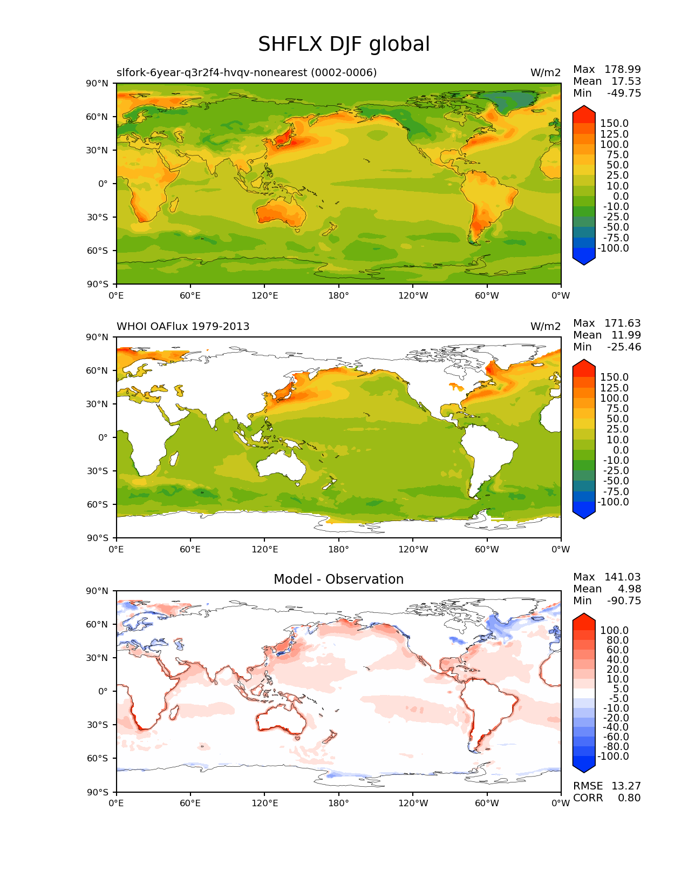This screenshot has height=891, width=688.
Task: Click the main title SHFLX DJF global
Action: pos(344,44)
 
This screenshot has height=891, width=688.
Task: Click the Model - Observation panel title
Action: pos(338,579)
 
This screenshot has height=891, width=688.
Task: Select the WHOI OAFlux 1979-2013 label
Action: pos(183,327)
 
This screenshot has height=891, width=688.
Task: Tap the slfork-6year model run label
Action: pos(247,73)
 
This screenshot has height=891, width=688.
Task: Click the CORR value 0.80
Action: pos(629,798)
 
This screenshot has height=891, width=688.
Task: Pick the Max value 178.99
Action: pos(622,70)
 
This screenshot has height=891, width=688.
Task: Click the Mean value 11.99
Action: pos(626,335)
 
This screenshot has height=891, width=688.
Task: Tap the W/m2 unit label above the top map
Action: pos(546,73)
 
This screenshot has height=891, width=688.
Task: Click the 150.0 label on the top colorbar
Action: pos(615,124)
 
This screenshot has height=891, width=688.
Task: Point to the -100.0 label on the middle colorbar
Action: pos(614,502)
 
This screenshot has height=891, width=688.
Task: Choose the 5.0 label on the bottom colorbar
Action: pos(620,689)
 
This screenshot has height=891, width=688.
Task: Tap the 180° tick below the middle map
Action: pos(338,550)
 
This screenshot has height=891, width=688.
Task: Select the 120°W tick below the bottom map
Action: pos(413,804)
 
